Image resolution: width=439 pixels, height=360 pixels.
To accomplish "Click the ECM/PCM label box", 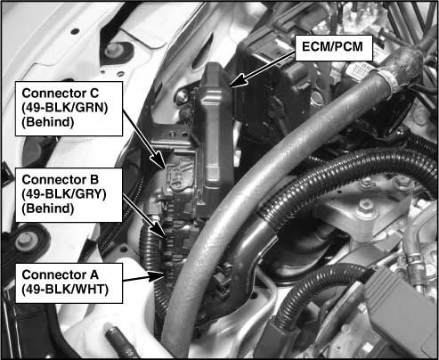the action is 334,48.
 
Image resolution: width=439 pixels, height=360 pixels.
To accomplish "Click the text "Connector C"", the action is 60,94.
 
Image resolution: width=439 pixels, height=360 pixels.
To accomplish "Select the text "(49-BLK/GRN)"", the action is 65,108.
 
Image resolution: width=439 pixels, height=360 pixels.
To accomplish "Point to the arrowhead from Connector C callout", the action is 160,160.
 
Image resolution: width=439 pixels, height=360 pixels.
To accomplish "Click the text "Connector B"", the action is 60,180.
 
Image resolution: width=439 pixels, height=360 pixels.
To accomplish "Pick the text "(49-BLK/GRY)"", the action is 64,194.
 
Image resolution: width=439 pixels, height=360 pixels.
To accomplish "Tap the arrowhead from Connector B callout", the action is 159,230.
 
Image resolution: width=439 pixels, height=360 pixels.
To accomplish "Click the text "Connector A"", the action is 60,274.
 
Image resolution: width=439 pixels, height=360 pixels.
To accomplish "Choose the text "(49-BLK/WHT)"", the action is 65,289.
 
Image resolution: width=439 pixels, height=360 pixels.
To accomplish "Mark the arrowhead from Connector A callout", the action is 156,276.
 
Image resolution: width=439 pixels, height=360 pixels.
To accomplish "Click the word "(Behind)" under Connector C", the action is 48,122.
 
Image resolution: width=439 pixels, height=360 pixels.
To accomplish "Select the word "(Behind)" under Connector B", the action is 48,209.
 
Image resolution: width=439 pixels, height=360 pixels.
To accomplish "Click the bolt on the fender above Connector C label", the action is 112,51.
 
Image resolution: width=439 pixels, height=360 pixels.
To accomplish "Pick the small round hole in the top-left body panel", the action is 75,31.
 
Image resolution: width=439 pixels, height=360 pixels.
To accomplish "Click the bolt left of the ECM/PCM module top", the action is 182,97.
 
